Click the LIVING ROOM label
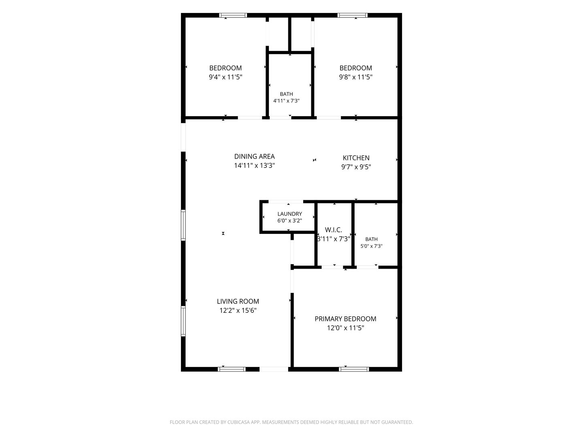[x=238, y=301]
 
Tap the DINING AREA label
[x=254, y=156]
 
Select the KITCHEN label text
[x=356, y=158]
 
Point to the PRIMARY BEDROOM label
[x=345, y=319]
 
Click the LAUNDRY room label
[x=289, y=214]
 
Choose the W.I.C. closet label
[x=333, y=230]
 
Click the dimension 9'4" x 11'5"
[x=226, y=77]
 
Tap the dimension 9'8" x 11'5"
[x=355, y=77]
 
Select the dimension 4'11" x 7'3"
[x=286, y=101]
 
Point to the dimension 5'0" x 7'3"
[x=371, y=246]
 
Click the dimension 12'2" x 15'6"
[x=238, y=310]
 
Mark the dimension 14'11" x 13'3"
[x=254, y=165]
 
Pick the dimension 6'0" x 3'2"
[x=289, y=221]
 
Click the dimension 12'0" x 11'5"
[x=345, y=328]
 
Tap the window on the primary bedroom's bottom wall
[x=354, y=369]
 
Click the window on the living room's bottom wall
[x=232, y=369]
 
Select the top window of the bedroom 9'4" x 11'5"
[x=233, y=15]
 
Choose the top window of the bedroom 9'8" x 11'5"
[x=353, y=15]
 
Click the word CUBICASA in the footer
[x=238, y=422]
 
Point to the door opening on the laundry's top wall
[x=286, y=202]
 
